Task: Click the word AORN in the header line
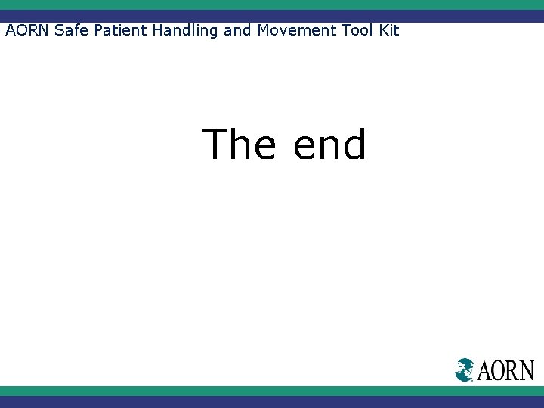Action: point(28,31)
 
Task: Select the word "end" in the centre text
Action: point(329,145)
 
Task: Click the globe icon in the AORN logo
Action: point(465,369)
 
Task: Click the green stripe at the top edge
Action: point(272,5)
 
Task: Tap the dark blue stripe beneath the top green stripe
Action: point(272,16)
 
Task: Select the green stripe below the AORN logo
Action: point(272,391)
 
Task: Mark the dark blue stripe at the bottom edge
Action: point(272,402)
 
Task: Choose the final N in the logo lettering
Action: point(527,370)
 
